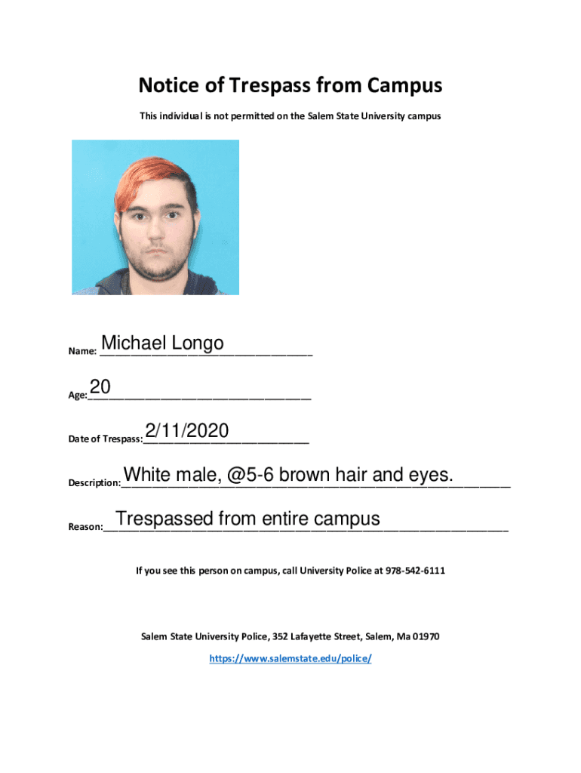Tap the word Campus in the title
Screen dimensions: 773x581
click(405, 86)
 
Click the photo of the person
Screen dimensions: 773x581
click(155, 217)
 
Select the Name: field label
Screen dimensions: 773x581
click(82, 351)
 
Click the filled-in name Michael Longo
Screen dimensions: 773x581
click(162, 343)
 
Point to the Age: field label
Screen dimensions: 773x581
click(78, 394)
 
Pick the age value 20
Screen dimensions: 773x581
click(100, 387)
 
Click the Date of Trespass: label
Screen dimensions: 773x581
click(105, 439)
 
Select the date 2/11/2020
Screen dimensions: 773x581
click(186, 431)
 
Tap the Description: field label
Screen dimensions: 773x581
click(94, 482)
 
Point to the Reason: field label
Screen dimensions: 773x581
click(85, 527)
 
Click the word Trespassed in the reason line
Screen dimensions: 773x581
click(164, 519)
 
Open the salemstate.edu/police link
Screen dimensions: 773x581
click(290, 658)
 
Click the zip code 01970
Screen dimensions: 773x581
click(424, 636)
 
